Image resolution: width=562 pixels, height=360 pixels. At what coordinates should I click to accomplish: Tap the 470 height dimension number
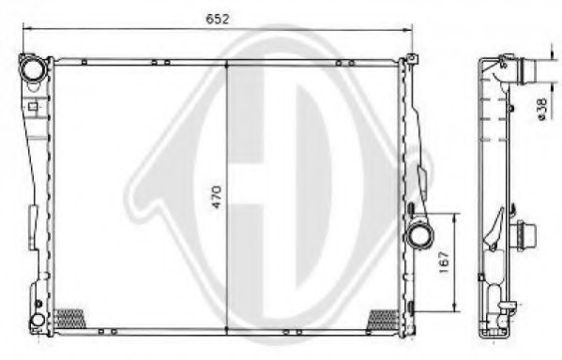tap(218, 199)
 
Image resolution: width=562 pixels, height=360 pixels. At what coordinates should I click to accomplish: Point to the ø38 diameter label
tap(543, 111)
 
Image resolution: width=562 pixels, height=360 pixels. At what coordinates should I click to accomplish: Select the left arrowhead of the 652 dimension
tap(26, 31)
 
